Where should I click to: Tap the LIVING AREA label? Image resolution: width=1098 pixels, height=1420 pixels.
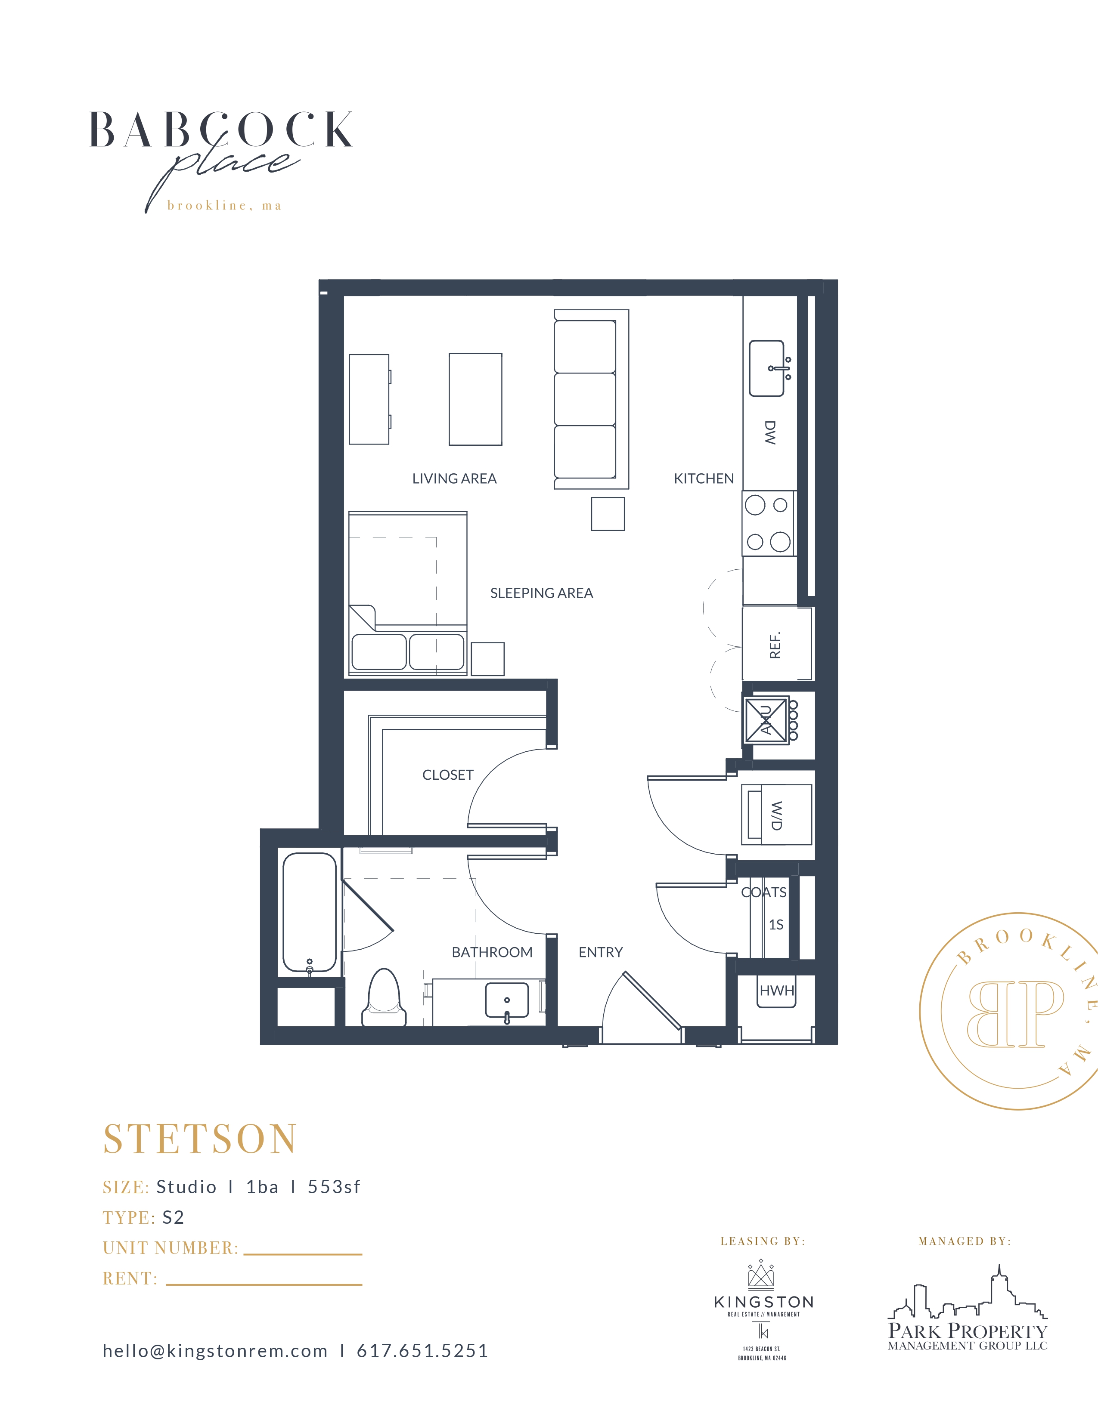click(454, 478)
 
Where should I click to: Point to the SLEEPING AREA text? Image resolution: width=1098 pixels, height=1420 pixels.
click(541, 593)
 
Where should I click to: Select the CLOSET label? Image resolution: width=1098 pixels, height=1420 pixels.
click(447, 775)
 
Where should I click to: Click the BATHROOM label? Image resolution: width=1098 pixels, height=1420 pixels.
click(492, 952)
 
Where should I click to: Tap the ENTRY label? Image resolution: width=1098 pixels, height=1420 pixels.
click(600, 952)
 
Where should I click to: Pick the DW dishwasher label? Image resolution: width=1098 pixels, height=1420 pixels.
click(770, 432)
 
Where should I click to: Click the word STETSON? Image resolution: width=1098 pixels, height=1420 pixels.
click(200, 1139)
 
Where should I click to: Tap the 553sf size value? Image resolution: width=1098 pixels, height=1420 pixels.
click(334, 1187)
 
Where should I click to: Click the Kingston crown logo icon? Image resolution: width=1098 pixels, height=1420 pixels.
click(761, 1276)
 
